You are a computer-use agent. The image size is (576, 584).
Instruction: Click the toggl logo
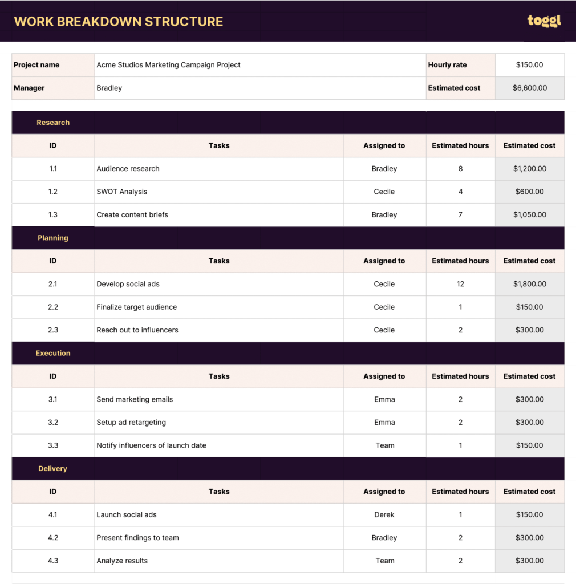tap(543, 21)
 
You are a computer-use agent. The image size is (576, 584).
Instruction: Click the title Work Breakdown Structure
tap(119, 22)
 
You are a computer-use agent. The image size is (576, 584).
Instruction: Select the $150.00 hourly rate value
tap(529, 65)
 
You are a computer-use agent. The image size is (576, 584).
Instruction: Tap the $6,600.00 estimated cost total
tap(529, 88)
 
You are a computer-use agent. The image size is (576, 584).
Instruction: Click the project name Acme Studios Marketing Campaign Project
tap(168, 65)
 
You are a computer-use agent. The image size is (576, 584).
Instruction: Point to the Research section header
tap(53, 123)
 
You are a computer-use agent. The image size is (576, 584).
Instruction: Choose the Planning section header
tap(53, 238)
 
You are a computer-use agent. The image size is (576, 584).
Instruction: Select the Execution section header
tap(53, 353)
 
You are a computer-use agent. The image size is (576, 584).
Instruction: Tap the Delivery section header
tap(53, 468)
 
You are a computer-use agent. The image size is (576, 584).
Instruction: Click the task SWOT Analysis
tap(122, 192)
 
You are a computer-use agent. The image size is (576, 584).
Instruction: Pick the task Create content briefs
tap(132, 215)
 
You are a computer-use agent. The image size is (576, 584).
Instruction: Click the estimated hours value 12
tap(460, 284)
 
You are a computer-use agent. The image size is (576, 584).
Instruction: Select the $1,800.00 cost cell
tap(529, 284)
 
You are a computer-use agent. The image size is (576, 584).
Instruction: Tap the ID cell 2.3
tap(53, 330)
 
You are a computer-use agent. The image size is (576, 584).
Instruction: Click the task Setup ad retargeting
tap(131, 423)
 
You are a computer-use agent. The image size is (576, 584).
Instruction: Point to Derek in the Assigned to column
tap(384, 514)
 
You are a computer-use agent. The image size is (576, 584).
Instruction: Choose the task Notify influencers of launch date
tap(151, 445)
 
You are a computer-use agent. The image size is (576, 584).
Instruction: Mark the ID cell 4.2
tap(53, 538)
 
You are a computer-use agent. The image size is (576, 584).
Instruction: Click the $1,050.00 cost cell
tap(529, 215)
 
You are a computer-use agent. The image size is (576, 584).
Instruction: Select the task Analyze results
tap(122, 561)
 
